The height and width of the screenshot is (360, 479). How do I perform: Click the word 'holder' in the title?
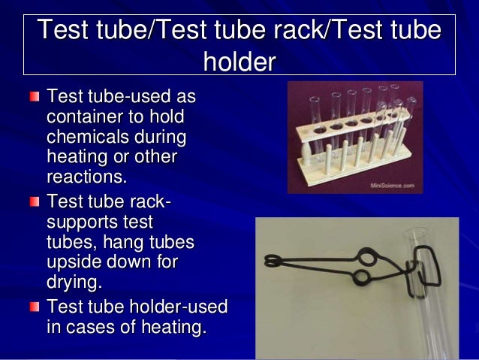[x=239, y=61]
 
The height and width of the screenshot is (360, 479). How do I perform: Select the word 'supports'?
[x=83, y=223]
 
